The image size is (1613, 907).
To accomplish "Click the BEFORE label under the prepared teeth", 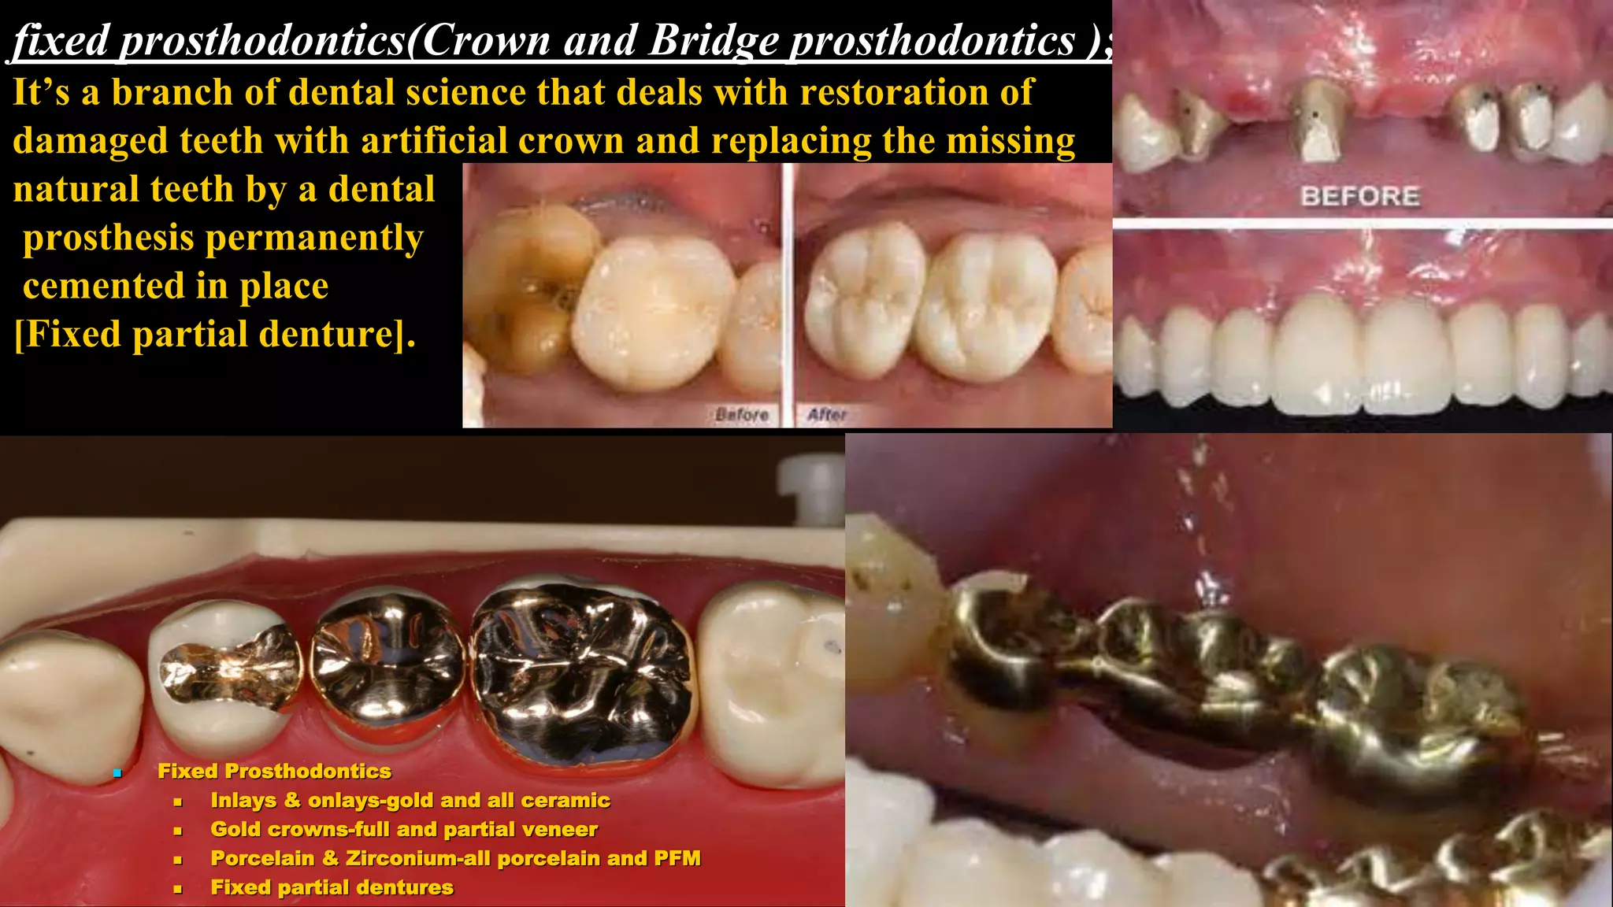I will [x=1360, y=196].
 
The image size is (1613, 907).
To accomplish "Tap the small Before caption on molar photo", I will [x=741, y=414].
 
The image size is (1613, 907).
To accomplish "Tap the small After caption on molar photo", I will [x=826, y=414].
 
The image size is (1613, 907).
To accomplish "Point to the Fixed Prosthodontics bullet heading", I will [x=274, y=771].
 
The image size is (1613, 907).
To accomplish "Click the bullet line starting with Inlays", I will [x=410, y=801].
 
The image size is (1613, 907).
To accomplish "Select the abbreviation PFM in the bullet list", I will [x=677, y=858].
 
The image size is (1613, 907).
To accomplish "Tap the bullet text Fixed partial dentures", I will [x=332, y=887].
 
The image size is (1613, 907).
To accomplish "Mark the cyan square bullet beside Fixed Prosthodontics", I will [x=117, y=773].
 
